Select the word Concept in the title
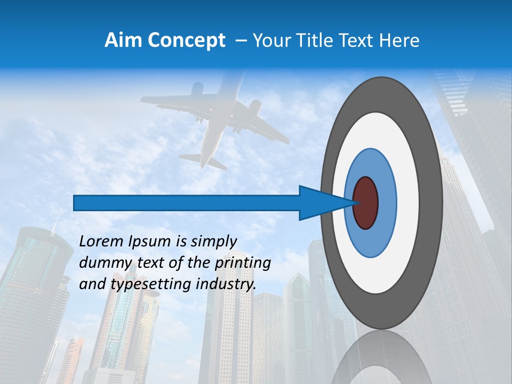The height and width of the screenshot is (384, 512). tap(186, 41)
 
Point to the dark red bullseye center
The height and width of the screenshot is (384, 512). tap(366, 203)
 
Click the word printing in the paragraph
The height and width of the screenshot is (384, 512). tap(246, 263)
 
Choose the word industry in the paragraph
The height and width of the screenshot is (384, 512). tap(226, 284)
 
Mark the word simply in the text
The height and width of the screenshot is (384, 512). tap(213, 242)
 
